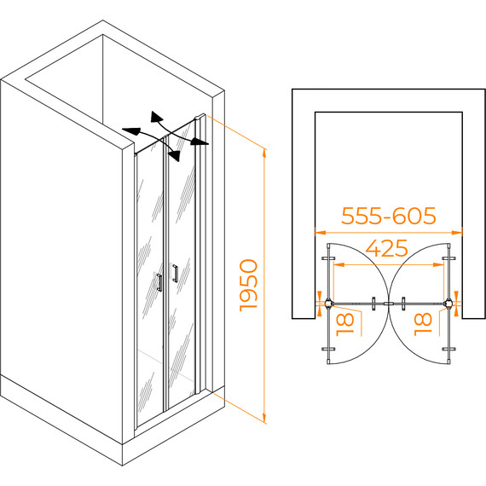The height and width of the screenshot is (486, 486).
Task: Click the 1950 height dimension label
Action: pos(249,286)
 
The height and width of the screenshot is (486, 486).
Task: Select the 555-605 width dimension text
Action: pos(389,216)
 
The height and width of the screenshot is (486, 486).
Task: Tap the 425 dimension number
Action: pos(387,248)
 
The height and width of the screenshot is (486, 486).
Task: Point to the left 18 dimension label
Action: pos(345,324)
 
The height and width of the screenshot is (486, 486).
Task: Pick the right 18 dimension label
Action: pos(423,324)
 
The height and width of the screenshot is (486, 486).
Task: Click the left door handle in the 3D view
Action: pos(159,282)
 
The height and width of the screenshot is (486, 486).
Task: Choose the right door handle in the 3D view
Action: pos(176,273)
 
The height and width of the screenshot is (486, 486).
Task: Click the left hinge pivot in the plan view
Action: pos(328,304)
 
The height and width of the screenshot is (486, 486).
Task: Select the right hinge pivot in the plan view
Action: pos(448,304)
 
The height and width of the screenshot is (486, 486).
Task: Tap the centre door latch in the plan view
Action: pos(388,304)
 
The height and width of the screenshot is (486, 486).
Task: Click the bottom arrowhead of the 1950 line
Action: pos(264,418)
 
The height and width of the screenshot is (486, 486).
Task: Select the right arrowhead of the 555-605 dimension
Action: pos(457,232)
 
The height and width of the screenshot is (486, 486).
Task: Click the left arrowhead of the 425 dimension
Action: pos(338,264)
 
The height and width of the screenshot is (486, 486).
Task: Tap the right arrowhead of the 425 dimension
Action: pos(438,264)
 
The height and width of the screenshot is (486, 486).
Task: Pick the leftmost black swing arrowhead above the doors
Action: pos(131,131)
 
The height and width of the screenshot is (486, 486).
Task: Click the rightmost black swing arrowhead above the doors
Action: pos(200,142)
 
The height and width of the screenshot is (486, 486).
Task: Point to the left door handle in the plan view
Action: pos(373,304)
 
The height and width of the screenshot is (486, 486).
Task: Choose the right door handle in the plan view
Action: pos(403,304)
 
